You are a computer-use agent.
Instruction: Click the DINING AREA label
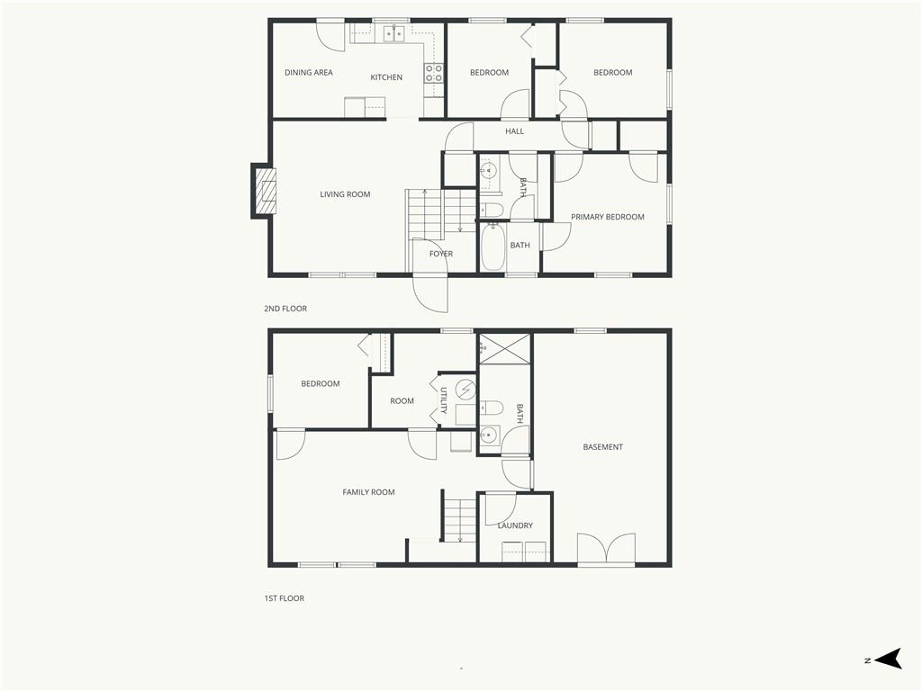309,72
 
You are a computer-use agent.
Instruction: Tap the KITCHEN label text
386,77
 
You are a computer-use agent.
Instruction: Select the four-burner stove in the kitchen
434,73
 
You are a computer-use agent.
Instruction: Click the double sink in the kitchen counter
394,34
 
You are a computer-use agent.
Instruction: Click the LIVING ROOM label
345,194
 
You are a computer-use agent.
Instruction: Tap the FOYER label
441,254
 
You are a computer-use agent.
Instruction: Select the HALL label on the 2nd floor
514,131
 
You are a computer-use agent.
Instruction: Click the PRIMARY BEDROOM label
608,217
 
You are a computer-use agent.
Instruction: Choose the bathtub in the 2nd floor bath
493,247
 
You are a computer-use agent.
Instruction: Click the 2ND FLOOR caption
285,309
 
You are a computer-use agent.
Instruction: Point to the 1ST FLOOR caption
284,598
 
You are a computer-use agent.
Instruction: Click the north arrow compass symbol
888,659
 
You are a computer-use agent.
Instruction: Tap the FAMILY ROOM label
368,492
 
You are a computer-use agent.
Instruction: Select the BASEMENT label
602,447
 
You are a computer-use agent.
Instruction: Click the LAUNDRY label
515,525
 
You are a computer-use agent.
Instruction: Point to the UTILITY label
444,400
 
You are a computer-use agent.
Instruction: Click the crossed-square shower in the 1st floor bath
505,349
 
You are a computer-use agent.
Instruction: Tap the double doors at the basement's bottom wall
606,550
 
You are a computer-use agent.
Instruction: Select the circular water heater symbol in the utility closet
466,389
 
